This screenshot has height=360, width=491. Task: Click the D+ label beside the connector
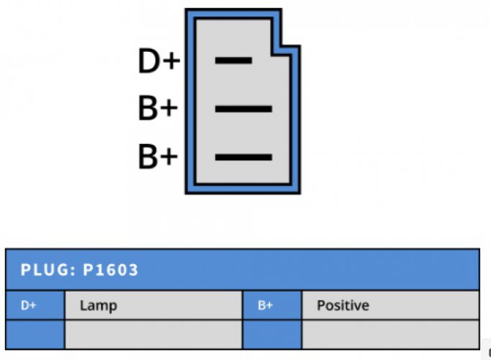click(x=159, y=60)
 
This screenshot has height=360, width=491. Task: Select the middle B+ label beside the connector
click(x=158, y=108)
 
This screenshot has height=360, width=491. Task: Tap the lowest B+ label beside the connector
click(x=158, y=156)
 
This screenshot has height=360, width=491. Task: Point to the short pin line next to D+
click(x=233, y=60)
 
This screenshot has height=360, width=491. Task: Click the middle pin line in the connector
click(x=243, y=109)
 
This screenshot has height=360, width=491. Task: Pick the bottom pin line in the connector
click(x=243, y=157)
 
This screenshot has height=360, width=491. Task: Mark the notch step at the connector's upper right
click(x=286, y=50)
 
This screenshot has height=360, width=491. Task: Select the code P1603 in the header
click(x=110, y=270)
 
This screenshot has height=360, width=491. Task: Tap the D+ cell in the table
click(x=35, y=305)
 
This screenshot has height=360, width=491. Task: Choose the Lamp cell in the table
click(x=153, y=305)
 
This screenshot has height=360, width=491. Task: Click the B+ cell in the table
click(x=272, y=305)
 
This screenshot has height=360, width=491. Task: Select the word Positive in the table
click(x=343, y=305)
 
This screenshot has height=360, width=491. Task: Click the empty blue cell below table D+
click(x=35, y=334)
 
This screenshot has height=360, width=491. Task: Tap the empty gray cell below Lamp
click(x=153, y=334)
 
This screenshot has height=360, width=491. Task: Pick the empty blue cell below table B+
click(x=272, y=334)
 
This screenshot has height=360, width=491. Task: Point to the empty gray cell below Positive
click(x=390, y=334)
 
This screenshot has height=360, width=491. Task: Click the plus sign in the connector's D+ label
click(x=171, y=60)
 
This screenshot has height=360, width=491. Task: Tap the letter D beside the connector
click(x=149, y=60)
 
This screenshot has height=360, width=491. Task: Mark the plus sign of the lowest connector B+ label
click(x=169, y=156)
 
